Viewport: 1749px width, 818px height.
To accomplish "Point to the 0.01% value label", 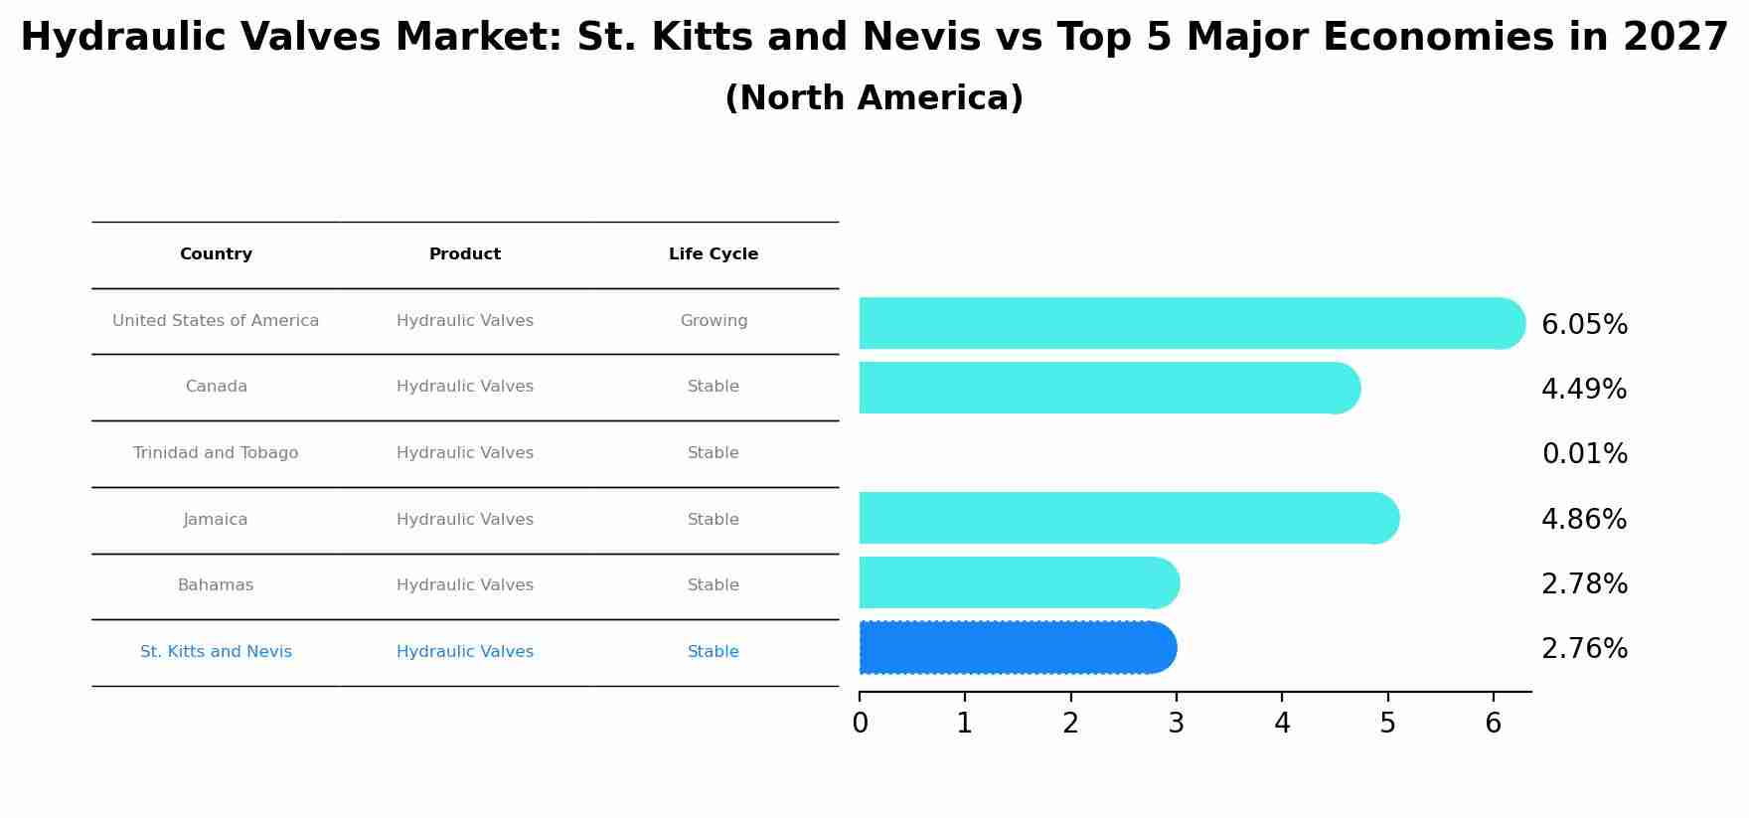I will click(x=1584, y=454).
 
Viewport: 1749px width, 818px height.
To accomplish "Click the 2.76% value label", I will click(x=1584, y=649).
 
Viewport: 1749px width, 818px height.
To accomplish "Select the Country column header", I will click(x=216, y=254).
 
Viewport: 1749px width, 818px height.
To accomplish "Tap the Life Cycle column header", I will click(x=714, y=254).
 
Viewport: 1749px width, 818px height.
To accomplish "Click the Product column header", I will click(x=465, y=254).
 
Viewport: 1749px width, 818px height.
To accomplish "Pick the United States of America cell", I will click(x=216, y=321).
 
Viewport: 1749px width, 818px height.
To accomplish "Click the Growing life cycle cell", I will click(x=714, y=321).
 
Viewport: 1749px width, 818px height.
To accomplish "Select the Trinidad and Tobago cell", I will click(x=216, y=453).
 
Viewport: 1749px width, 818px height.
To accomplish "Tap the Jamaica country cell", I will click(x=216, y=520).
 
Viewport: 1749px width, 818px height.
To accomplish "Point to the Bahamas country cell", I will click(x=216, y=585).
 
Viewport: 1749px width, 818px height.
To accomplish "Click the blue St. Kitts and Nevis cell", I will click(x=216, y=652).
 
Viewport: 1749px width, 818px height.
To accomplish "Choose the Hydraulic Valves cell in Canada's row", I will click(x=465, y=387).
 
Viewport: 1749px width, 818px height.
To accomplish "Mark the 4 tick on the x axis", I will click(x=1282, y=724).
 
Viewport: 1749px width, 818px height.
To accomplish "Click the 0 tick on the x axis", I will click(x=860, y=724).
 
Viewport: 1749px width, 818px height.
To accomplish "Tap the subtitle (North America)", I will click(x=874, y=98).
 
